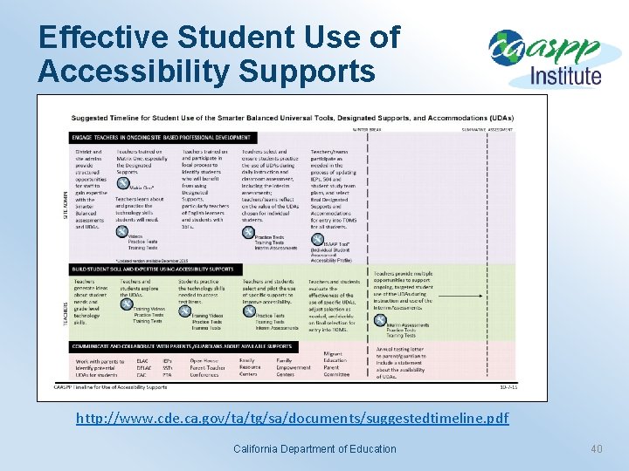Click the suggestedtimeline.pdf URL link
[292, 419]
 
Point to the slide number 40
[597, 449]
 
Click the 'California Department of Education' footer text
[314, 449]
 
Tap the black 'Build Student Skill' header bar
[154, 270]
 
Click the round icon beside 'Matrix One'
[121, 186]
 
